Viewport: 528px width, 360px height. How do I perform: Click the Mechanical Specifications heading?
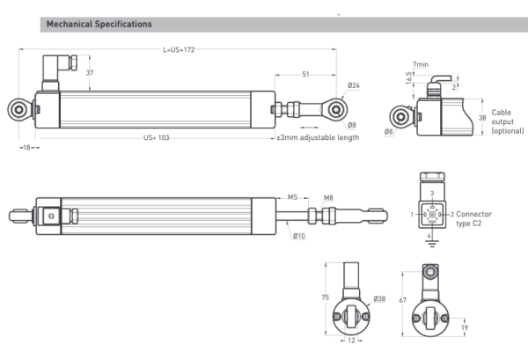99,24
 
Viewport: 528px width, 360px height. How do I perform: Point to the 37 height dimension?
90,74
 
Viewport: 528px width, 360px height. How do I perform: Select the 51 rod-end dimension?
304,75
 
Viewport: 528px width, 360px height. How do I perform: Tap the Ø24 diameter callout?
353,86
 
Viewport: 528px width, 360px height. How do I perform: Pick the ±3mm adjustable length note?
318,138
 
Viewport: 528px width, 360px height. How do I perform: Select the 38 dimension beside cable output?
481,116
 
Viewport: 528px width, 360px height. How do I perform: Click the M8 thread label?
328,197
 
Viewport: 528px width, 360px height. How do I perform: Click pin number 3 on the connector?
430,193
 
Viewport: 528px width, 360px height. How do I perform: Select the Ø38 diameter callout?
379,299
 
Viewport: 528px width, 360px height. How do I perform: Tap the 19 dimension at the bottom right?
463,328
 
